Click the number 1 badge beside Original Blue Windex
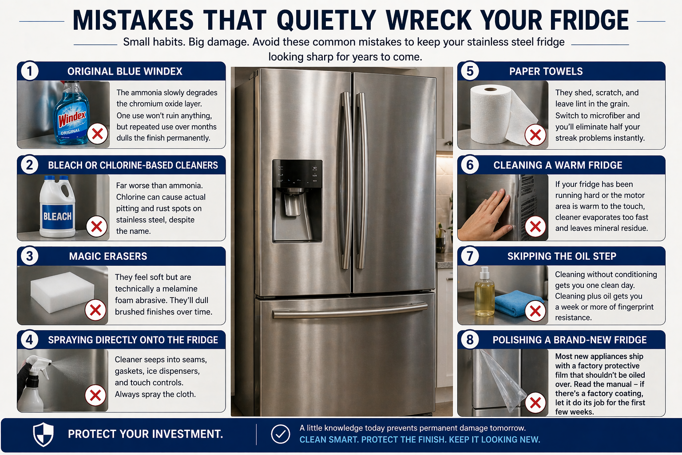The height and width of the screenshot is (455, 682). click(30, 71)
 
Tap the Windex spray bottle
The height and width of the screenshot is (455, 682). click(71, 116)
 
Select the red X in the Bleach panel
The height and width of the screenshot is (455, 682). click(96, 227)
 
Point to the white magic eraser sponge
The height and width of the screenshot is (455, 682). click(62, 289)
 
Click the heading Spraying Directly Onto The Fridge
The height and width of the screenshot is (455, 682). click(133, 340)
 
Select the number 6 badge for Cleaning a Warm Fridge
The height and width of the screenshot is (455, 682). click(470, 165)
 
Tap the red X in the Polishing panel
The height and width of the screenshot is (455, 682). click(535, 403)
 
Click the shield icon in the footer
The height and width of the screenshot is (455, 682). click(44, 434)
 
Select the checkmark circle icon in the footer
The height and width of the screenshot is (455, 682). click(280, 434)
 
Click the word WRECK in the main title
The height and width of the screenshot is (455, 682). click(429, 20)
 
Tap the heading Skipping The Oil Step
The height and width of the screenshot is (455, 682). click(562, 256)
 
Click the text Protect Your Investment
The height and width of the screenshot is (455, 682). click(145, 434)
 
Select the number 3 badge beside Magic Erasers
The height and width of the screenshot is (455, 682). click(30, 256)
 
